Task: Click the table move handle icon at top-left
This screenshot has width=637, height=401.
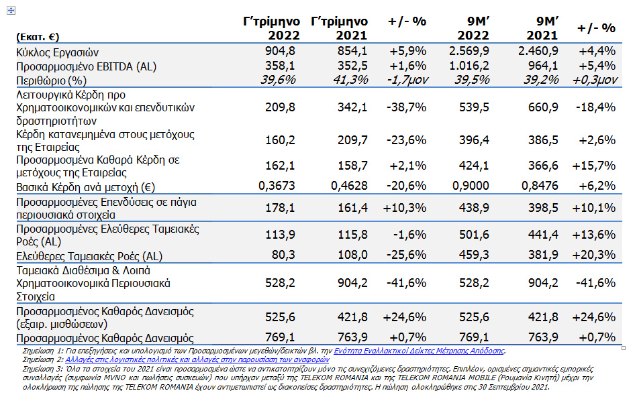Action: pyautogui.click(x=11, y=11)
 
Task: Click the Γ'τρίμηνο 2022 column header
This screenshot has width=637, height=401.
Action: pyautogui.click(x=271, y=28)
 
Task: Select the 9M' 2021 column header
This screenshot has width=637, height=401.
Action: pyautogui.click(x=542, y=28)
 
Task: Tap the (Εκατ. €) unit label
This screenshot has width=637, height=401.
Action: pyautogui.click(x=38, y=37)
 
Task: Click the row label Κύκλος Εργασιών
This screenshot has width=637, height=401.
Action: pyautogui.click(x=57, y=53)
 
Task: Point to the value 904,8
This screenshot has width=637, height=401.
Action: pyautogui.click(x=280, y=51)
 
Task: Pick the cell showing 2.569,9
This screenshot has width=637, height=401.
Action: pyautogui.click(x=469, y=51)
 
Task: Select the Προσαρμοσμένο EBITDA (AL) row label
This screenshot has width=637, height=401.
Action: pyautogui.click(x=86, y=66)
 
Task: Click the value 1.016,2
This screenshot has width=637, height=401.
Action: pyautogui.click(x=469, y=65)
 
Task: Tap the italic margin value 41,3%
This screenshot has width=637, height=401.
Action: pyautogui.click(x=350, y=80)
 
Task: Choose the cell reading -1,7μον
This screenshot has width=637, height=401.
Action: pyautogui.click(x=407, y=80)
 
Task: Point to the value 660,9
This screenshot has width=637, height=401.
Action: pyautogui.click(x=543, y=107)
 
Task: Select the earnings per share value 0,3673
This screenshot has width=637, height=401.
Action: pyautogui.click(x=277, y=186)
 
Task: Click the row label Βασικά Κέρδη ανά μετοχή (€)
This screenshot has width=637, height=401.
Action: pyautogui.click(x=85, y=188)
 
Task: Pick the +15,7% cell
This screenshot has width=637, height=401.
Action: pyautogui.click(x=593, y=166)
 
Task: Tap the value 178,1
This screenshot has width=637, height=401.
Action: pyautogui.click(x=280, y=208)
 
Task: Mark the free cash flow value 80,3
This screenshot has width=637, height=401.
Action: pyautogui.click(x=283, y=255)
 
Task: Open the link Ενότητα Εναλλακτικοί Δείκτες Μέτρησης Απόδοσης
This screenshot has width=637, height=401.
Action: pyautogui.click(x=419, y=351)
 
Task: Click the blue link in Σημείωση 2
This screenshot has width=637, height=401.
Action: pyautogui.click(x=197, y=360)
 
